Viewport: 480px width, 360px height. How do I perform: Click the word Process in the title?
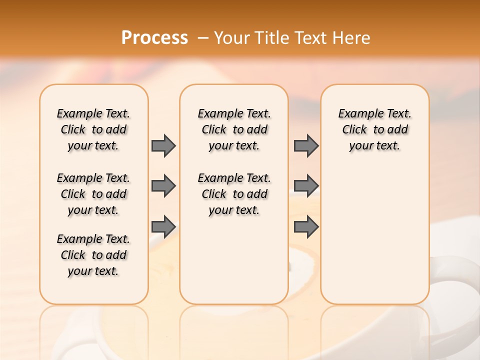pyautogui.click(x=154, y=38)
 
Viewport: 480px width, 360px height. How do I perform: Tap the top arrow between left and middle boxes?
pyautogui.click(x=163, y=145)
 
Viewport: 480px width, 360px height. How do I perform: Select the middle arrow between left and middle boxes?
pyautogui.click(x=163, y=186)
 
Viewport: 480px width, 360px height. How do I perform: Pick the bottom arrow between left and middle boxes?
pyautogui.click(x=163, y=226)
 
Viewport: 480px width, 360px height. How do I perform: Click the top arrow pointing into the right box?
pyautogui.click(x=306, y=145)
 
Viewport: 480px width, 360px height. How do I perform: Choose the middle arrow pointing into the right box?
pyautogui.click(x=306, y=186)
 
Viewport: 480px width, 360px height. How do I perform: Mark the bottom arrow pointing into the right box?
pyautogui.click(x=306, y=226)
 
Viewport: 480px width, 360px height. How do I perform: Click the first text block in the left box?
pyautogui.click(x=93, y=129)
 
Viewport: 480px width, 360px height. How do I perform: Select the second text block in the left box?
pyautogui.click(x=93, y=194)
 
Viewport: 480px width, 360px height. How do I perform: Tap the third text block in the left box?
pyautogui.click(x=93, y=255)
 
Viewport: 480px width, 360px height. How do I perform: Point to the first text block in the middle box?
pyautogui.click(x=234, y=129)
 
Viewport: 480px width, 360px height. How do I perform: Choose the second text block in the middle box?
pyautogui.click(x=234, y=194)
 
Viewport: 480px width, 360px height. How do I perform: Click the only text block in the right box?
pyautogui.click(x=374, y=129)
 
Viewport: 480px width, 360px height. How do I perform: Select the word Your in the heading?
pyautogui.click(x=228, y=38)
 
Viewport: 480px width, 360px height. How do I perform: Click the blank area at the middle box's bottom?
pyautogui.click(x=234, y=265)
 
